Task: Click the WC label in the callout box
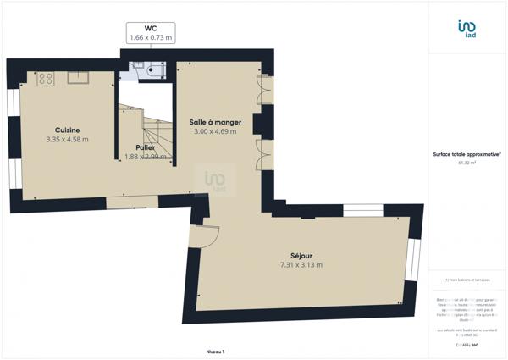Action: [x=150, y=28]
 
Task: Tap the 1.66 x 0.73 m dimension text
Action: [x=150, y=37]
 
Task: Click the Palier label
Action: [x=146, y=147]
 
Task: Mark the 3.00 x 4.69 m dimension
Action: [x=214, y=131]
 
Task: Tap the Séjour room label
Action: [x=301, y=255]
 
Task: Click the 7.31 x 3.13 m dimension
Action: [x=301, y=264]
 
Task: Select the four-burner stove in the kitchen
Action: [x=45, y=79]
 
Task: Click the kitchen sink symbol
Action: [x=80, y=79]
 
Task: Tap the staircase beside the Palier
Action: [x=157, y=131]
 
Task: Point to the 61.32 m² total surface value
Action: [x=467, y=163]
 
